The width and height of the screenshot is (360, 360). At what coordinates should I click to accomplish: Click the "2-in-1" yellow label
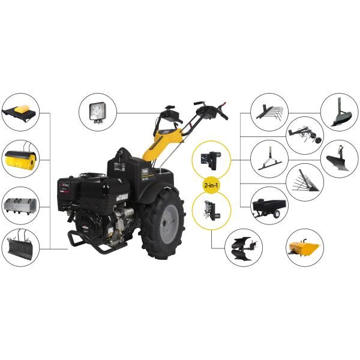pos(211,186)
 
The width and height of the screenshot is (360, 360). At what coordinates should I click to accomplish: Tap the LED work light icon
pos(97,112)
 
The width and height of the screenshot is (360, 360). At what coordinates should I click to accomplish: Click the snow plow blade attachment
pos(20,246)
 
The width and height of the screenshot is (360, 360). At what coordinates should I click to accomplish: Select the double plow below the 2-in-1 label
pos(245,247)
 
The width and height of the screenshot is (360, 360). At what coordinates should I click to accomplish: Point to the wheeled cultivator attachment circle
pos(304,135)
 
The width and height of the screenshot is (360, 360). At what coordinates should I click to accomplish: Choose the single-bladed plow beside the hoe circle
pos(340,159)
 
